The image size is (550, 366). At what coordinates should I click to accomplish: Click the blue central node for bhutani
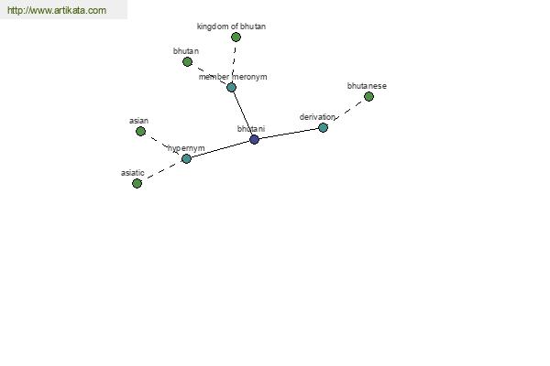pyautogui.click(x=254, y=139)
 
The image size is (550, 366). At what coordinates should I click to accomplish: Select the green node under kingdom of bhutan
pyautogui.click(x=236, y=37)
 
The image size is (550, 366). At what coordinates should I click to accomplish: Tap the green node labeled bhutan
pyautogui.click(x=187, y=61)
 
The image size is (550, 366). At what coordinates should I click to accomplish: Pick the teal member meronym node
pyautogui.click(x=231, y=87)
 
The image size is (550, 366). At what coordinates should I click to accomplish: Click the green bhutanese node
pyautogui.click(x=368, y=96)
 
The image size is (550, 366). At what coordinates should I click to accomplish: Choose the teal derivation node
pyautogui.click(x=323, y=127)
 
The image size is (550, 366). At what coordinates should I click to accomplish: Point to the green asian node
pyautogui.click(x=140, y=132)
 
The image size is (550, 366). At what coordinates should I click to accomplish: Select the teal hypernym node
pyautogui.click(x=186, y=158)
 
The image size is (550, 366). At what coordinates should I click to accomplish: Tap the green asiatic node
pyautogui.click(x=137, y=183)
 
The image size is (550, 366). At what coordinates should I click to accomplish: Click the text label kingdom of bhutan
pyautogui.click(x=231, y=27)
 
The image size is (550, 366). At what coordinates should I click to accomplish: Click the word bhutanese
pyautogui.click(x=367, y=86)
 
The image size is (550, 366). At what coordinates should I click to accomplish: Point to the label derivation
pyautogui.click(x=317, y=117)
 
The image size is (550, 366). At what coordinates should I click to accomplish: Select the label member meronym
pyautogui.click(x=233, y=77)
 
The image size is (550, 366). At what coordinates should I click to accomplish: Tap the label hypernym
pyautogui.click(x=186, y=148)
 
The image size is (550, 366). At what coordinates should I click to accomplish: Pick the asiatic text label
pyautogui.click(x=133, y=173)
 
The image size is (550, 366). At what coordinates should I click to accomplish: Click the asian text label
pyautogui.click(x=139, y=121)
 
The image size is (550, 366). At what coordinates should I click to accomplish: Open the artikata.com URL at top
pyautogui.click(x=57, y=10)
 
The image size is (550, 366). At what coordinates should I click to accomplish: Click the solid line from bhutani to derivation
pyautogui.click(x=289, y=134)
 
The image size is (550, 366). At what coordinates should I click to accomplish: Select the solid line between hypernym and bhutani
pyautogui.click(x=220, y=149)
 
